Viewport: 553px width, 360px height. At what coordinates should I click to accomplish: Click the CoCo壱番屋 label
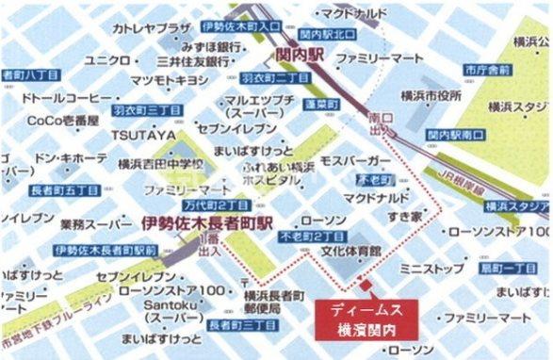[x=62, y=120]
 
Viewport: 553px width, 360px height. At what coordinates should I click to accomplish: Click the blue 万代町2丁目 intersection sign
[x=218, y=204]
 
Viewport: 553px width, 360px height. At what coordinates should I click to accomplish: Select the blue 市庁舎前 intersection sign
[x=487, y=70]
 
